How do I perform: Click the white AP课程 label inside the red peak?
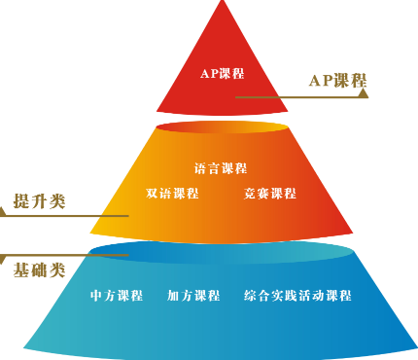[223, 74]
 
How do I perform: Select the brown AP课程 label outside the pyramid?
[334, 81]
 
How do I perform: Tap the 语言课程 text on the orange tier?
[221, 167]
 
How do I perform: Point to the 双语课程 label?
[172, 193]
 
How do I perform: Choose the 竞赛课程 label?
[270, 193]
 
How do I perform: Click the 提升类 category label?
[39, 201]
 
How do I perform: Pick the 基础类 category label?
[39, 269]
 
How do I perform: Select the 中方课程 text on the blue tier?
[117, 296]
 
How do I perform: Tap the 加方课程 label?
[193, 296]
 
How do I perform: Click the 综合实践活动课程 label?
[297, 296]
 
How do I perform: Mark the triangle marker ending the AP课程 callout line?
[363, 94]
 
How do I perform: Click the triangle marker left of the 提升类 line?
[5, 216]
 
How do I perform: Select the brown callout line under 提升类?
[68, 216]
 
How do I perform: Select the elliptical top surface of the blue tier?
[221, 251]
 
